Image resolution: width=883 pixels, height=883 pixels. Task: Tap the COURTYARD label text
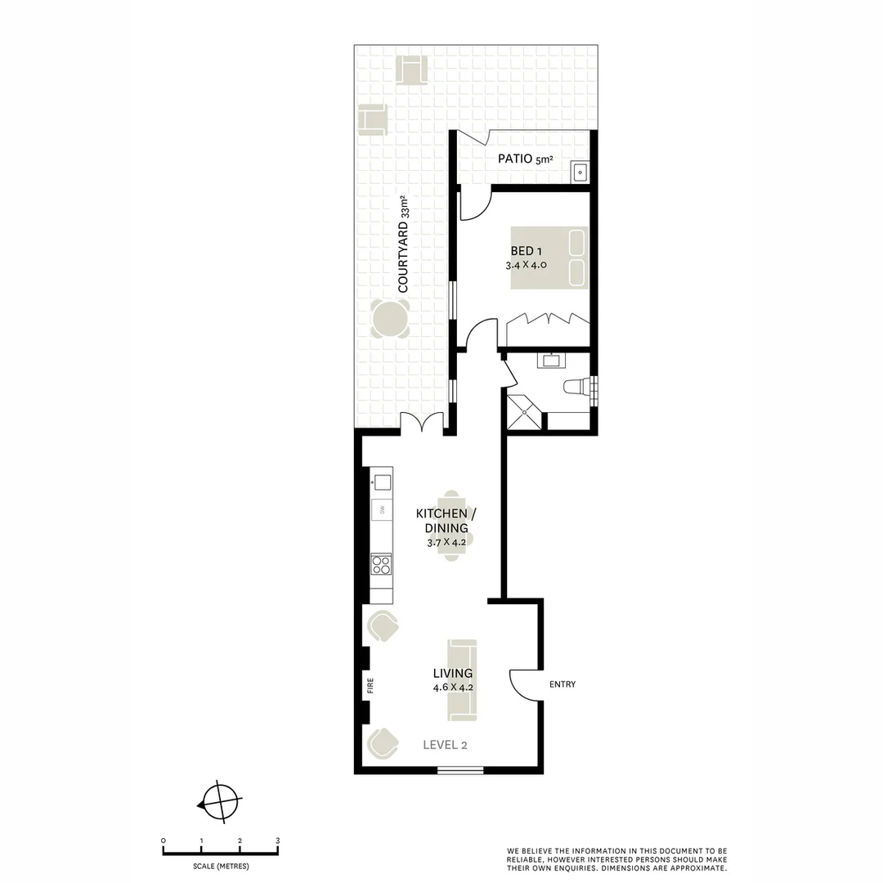pyautogui.click(x=403, y=245)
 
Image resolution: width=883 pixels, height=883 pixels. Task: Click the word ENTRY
pyautogui.click(x=563, y=684)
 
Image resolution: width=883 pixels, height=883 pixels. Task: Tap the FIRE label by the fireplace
pyautogui.click(x=370, y=686)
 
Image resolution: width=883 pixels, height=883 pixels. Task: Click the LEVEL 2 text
pyautogui.click(x=445, y=745)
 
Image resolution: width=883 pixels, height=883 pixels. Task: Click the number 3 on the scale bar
pyautogui.click(x=277, y=840)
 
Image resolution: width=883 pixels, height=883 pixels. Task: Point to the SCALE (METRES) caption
pyautogui.click(x=221, y=867)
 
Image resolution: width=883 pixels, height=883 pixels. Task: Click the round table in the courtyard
pyautogui.click(x=391, y=319)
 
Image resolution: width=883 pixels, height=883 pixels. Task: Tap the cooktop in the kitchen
pyautogui.click(x=381, y=564)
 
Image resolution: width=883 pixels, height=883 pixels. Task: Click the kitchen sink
pyautogui.click(x=382, y=482)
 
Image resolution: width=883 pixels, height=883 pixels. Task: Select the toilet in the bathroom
pyautogui.click(x=577, y=387)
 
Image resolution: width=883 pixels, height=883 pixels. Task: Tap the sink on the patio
pyautogui.click(x=580, y=172)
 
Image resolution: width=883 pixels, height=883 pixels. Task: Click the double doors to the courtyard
pyautogui.click(x=422, y=422)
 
